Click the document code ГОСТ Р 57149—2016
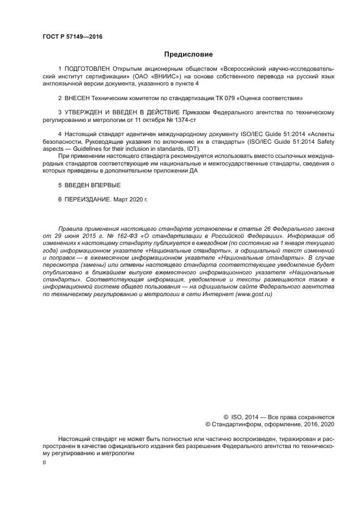pyautogui.click(x=72, y=37)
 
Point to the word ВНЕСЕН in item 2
pyautogui.click(x=77, y=98)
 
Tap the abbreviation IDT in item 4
pyautogui.click(x=191, y=149)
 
